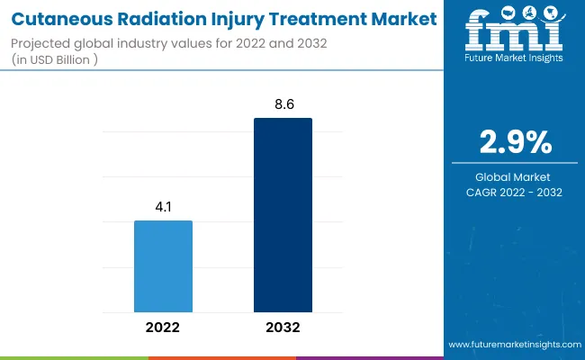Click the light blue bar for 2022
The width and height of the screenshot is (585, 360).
tap(163, 265)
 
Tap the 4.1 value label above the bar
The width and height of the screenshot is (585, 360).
tap(163, 205)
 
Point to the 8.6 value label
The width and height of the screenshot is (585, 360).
tap(283, 103)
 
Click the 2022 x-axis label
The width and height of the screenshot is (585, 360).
tap(163, 328)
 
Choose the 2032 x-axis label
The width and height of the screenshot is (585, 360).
tap(283, 328)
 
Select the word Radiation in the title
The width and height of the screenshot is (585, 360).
tap(157, 18)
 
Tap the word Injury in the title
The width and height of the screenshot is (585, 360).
tap(232, 18)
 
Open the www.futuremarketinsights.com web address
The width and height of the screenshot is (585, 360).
tap(513, 345)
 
